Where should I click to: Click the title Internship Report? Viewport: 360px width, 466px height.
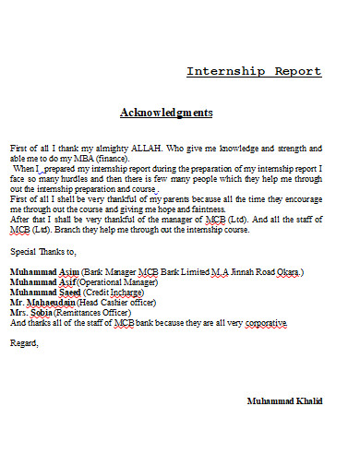click(254, 71)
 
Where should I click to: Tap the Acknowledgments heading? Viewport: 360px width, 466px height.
click(166, 113)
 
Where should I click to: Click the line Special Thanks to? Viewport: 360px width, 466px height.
click(42, 251)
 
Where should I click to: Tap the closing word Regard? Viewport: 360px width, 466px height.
click(25, 343)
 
